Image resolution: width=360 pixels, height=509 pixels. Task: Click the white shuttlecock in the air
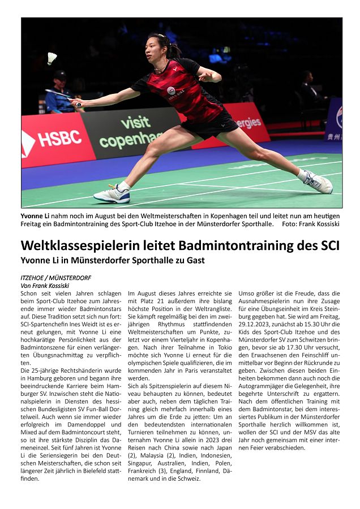[52, 58]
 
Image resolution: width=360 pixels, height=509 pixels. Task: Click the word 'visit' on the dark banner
[135, 122]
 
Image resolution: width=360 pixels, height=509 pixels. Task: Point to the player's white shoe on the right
[318, 182]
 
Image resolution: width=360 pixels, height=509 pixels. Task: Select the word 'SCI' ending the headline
[327, 246]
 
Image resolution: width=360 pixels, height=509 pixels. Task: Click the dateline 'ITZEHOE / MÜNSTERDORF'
[55, 278]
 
